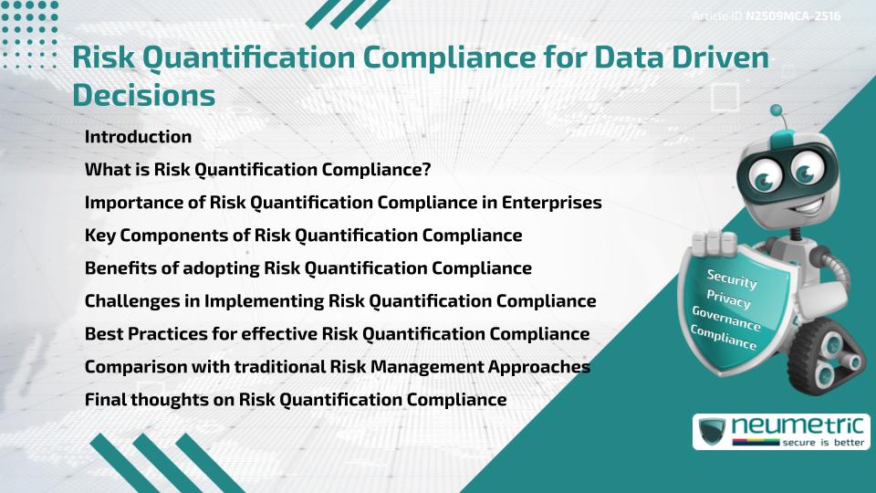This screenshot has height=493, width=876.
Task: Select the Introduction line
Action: (138, 137)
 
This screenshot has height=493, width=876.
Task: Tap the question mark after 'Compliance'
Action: (426, 170)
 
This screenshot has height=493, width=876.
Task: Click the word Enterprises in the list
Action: (550, 203)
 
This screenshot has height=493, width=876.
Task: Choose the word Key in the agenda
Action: (99, 236)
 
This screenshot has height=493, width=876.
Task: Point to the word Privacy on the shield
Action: (728, 299)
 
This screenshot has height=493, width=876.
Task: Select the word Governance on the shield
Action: (726, 318)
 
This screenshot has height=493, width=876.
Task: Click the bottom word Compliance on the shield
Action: (724, 337)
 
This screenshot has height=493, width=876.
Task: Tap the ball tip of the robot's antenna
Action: (777, 110)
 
